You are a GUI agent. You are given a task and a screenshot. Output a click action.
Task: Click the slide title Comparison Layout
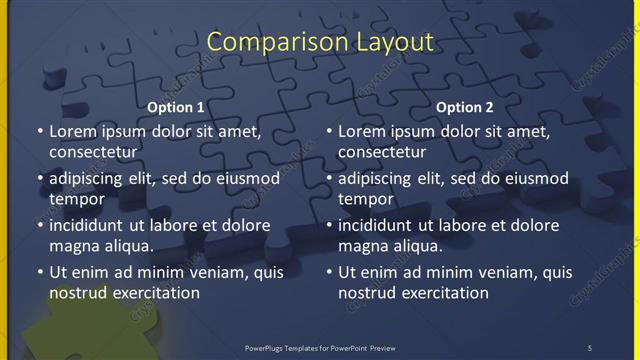click(x=320, y=42)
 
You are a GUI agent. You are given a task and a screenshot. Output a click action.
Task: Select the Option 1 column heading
click(x=176, y=107)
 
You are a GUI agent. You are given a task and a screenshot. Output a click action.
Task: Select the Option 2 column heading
click(x=465, y=107)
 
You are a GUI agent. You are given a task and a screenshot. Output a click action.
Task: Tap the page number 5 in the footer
click(x=589, y=347)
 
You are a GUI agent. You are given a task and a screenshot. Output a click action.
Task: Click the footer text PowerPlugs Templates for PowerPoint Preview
click(x=320, y=347)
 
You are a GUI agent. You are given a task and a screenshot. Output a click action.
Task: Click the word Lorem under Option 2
click(x=363, y=131)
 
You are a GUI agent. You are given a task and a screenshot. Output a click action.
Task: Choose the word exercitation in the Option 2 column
click(x=441, y=292)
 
